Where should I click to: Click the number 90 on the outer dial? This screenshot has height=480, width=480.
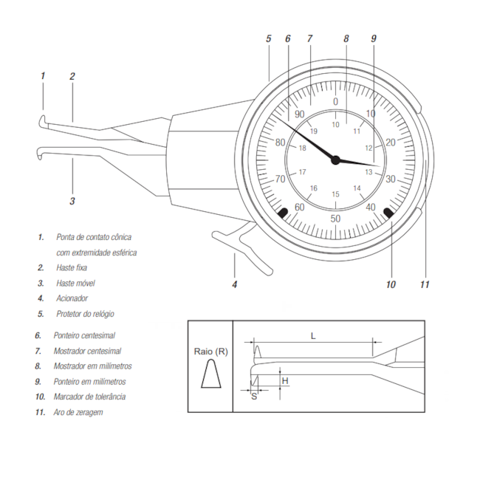pyautogui.click(x=299, y=114)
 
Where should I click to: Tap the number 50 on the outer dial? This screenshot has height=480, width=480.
pyautogui.click(x=335, y=219)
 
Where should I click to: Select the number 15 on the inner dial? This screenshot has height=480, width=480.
pyautogui.click(x=335, y=194)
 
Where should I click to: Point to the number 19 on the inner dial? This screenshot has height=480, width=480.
pyautogui.click(x=313, y=131)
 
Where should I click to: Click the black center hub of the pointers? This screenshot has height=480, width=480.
pyautogui.click(x=335, y=160)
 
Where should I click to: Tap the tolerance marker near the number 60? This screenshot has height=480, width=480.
pyautogui.click(x=283, y=213)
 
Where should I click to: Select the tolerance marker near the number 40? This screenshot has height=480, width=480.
pyautogui.click(x=388, y=213)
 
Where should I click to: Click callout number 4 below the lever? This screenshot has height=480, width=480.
pyautogui.click(x=235, y=284)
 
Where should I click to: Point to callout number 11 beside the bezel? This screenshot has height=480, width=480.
pyautogui.click(x=425, y=284)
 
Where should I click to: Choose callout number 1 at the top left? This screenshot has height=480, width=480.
pyautogui.click(x=43, y=75)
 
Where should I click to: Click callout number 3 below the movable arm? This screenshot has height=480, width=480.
pyautogui.click(x=72, y=200)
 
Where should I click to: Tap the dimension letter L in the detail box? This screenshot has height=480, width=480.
pyautogui.click(x=313, y=336)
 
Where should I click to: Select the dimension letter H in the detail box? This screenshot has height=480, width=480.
pyautogui.click(x=285, y=380)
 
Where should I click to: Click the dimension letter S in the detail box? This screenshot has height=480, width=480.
pyautogui.click(x=254, y=397)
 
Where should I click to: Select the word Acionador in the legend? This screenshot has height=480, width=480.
pyautogui.click(x=72, y=298)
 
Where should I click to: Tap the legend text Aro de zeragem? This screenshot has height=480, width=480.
pyautogui.click(x=78, y=412)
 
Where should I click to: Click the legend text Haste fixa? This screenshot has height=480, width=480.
pyautogui.click(x=72, y=267)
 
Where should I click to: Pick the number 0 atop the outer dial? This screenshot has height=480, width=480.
pyautogui.click(x=335, y=101)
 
